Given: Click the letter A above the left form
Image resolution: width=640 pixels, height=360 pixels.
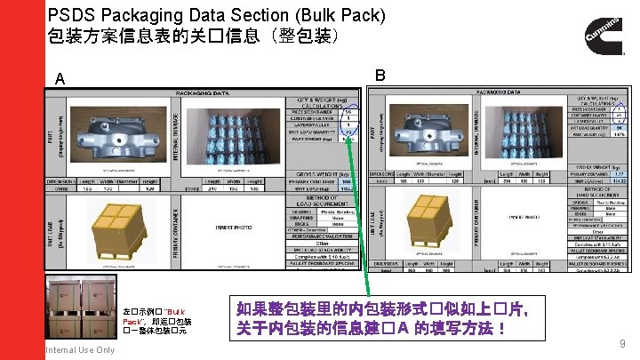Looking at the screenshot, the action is [60, 79].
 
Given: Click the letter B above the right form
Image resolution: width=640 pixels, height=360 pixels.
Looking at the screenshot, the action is [380, 75].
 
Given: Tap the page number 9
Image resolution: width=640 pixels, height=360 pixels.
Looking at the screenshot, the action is [621, 343].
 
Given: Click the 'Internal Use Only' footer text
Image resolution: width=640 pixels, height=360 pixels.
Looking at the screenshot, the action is [80, 350].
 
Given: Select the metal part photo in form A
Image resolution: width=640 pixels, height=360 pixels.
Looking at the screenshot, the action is [113, 133].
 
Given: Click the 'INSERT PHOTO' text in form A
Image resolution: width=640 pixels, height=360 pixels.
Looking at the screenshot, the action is [235, 227].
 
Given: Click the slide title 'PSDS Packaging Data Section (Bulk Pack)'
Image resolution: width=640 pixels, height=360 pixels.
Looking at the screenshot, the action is [217, 15].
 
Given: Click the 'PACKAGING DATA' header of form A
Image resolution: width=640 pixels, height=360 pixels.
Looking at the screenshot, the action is [204, 92].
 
